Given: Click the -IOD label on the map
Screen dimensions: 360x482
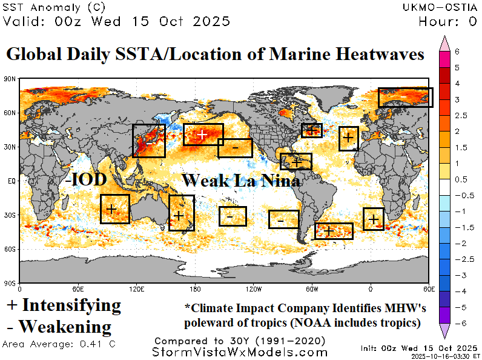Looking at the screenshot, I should click(85, 179).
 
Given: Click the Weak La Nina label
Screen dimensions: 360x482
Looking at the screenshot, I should click(241, 180).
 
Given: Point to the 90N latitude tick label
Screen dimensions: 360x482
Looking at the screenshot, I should click(10, 79).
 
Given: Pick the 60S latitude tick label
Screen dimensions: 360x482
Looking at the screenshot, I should click(10, 249).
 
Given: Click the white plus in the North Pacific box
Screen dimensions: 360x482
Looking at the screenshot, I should click(203, 134).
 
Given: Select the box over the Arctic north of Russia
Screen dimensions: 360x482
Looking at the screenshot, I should click(405, 98).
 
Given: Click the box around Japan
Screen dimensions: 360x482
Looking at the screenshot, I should click(148, 141).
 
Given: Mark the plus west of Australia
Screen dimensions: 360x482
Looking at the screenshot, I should click(111, 208).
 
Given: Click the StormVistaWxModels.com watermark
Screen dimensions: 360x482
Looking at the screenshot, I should click(240, 352).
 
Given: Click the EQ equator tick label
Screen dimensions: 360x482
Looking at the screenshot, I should click(12, 181).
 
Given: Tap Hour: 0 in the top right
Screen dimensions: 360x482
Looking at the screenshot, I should click(447, 22).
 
